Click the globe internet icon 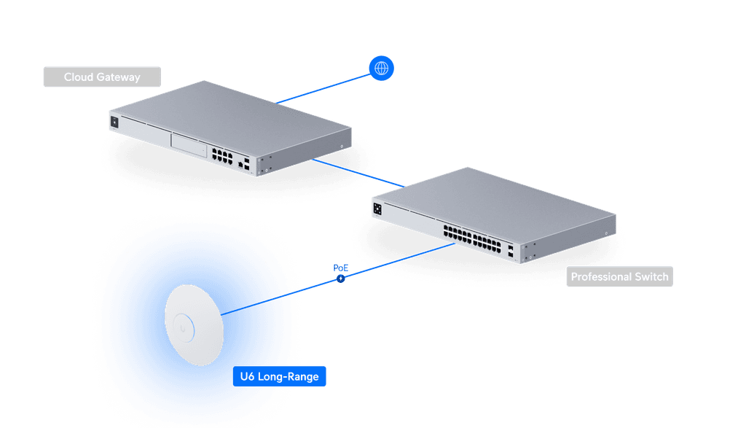(x=381, y=69)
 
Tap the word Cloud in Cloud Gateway (x=79, y=77)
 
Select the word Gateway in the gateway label (x=118, y=77)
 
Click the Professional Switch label (x=619, y=277)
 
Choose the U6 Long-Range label (x=280, y=378)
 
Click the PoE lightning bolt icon (x=339, y=279)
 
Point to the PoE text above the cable (x=339, y=267)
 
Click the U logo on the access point (x=184, y=327)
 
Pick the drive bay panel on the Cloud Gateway (x=189, y=144)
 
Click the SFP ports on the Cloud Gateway (x=248, y=163)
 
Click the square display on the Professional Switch (x=377, y=208)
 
